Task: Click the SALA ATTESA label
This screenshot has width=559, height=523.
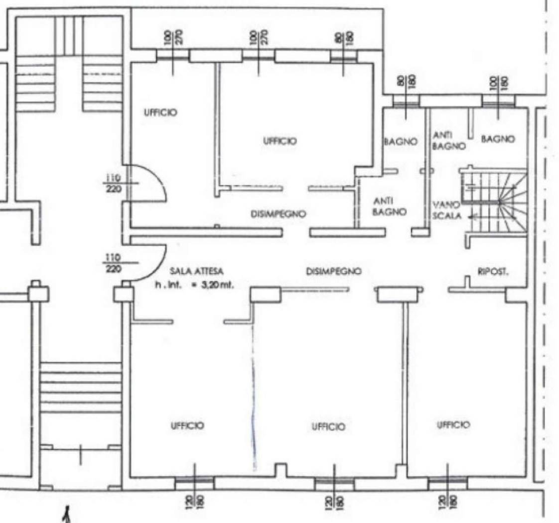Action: (x=196, y=271)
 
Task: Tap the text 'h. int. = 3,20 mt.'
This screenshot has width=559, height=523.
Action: (x=194, y=285)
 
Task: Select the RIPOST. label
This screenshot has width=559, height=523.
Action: (x=493, y=272)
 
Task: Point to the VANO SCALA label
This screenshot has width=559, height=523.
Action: (x=447, y=210)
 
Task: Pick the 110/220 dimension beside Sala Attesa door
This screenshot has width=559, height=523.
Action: (x=114, y=263)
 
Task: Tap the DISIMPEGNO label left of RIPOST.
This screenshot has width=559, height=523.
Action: (x=334, y=271)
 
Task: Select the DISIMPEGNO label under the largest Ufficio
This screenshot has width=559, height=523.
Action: (x=278, y=214)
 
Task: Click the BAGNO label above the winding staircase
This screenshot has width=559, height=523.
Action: (x=498, y=139)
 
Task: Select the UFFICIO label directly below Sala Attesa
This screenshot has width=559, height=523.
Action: (x=187, y=426)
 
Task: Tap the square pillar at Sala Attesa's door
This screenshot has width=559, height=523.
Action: (x=124, y=294)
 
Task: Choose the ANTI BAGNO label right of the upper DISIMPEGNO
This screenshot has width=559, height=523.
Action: (x=389, y=207)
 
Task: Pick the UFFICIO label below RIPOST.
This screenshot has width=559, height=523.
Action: (x=453, y=425)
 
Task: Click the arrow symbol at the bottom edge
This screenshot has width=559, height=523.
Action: (x=66, y=516)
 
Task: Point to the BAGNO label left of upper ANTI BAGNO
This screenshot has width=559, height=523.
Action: (x=401, y=142)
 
